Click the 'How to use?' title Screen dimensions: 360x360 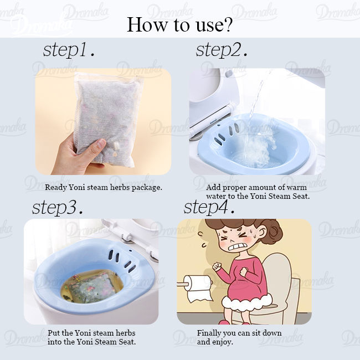[180, 24]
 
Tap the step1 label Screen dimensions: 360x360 [69, 50]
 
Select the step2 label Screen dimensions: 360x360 [222, 50]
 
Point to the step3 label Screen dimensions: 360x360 [58, 207]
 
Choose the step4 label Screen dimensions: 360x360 [209, 207]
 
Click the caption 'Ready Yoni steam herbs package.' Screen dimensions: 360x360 [104, 187]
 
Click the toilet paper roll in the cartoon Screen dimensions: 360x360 [197, 288]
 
